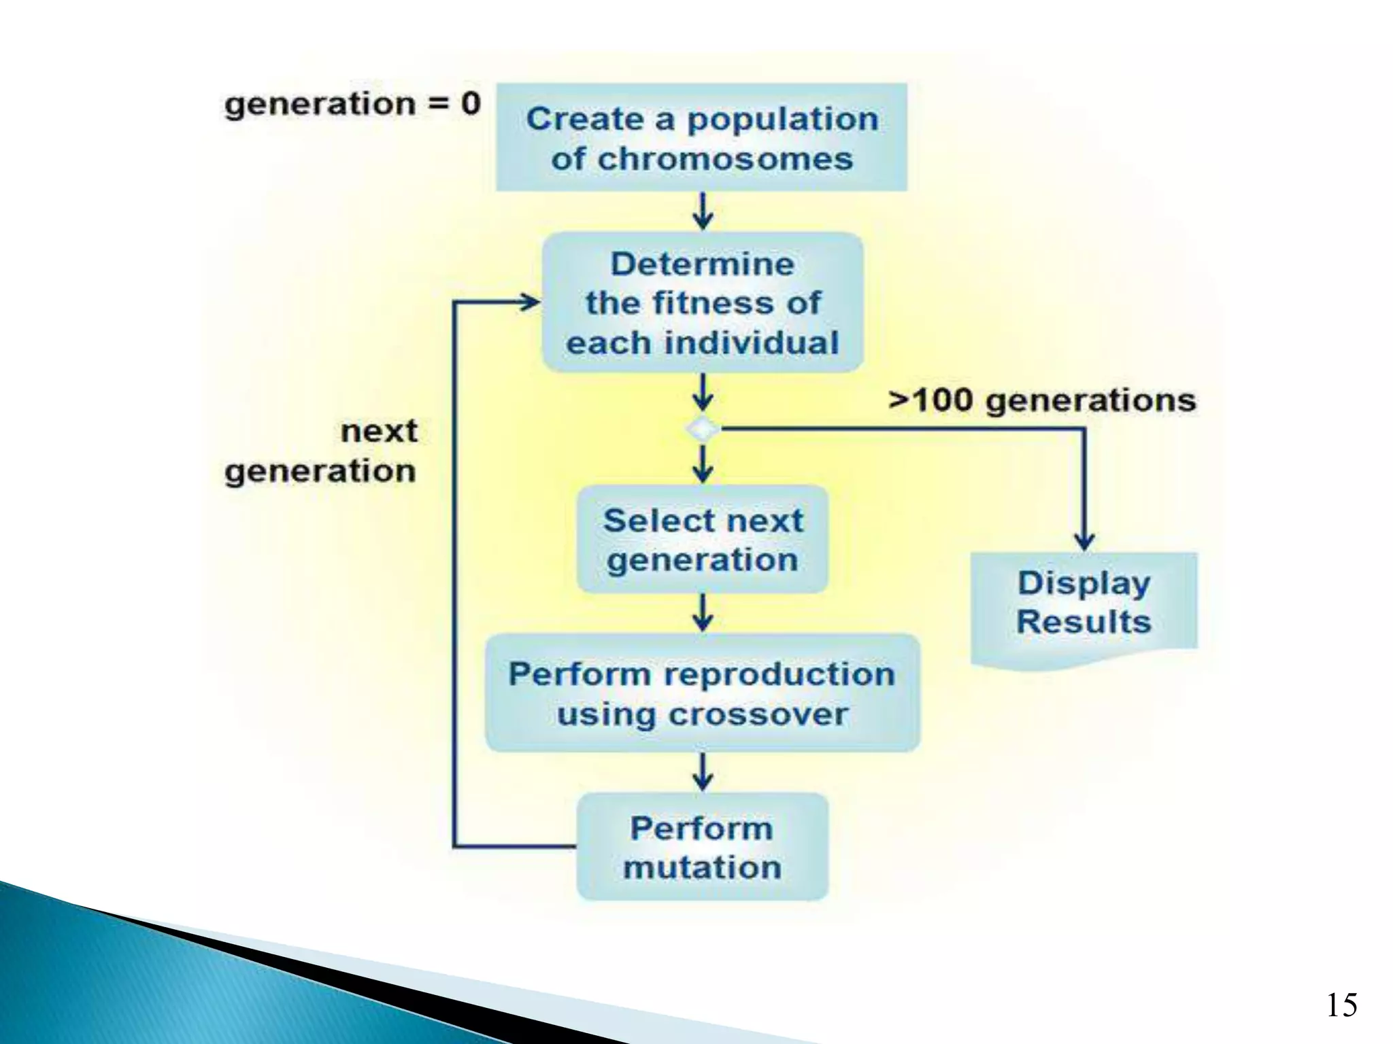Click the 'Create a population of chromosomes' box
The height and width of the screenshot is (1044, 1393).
(701, 137)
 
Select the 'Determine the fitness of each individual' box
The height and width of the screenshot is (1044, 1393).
(703, 302)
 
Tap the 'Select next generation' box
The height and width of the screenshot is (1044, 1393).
(703, 539)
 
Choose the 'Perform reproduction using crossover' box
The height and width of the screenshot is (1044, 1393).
(702, 693)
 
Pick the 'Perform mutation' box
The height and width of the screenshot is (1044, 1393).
(702, 847)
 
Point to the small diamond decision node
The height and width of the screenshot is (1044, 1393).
(703, 429)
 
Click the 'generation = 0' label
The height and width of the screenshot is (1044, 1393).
(352, 104)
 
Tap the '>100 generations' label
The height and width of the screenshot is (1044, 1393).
(1042, 400)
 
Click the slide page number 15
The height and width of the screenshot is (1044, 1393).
(1341, 1005)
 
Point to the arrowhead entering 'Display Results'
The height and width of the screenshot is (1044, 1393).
(1084, 542)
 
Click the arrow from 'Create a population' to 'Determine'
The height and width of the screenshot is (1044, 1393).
(703, 211)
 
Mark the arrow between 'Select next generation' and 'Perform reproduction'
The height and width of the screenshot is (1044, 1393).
(703, 613)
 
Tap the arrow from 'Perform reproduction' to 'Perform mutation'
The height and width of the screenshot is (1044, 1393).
(703, 772)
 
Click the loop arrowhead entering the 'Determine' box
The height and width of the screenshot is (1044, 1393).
(530, 302)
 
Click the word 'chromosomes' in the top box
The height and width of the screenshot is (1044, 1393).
(726, 159)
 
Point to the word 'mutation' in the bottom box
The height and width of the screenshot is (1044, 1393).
(702, 867)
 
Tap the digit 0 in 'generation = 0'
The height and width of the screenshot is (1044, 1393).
(470, 104)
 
